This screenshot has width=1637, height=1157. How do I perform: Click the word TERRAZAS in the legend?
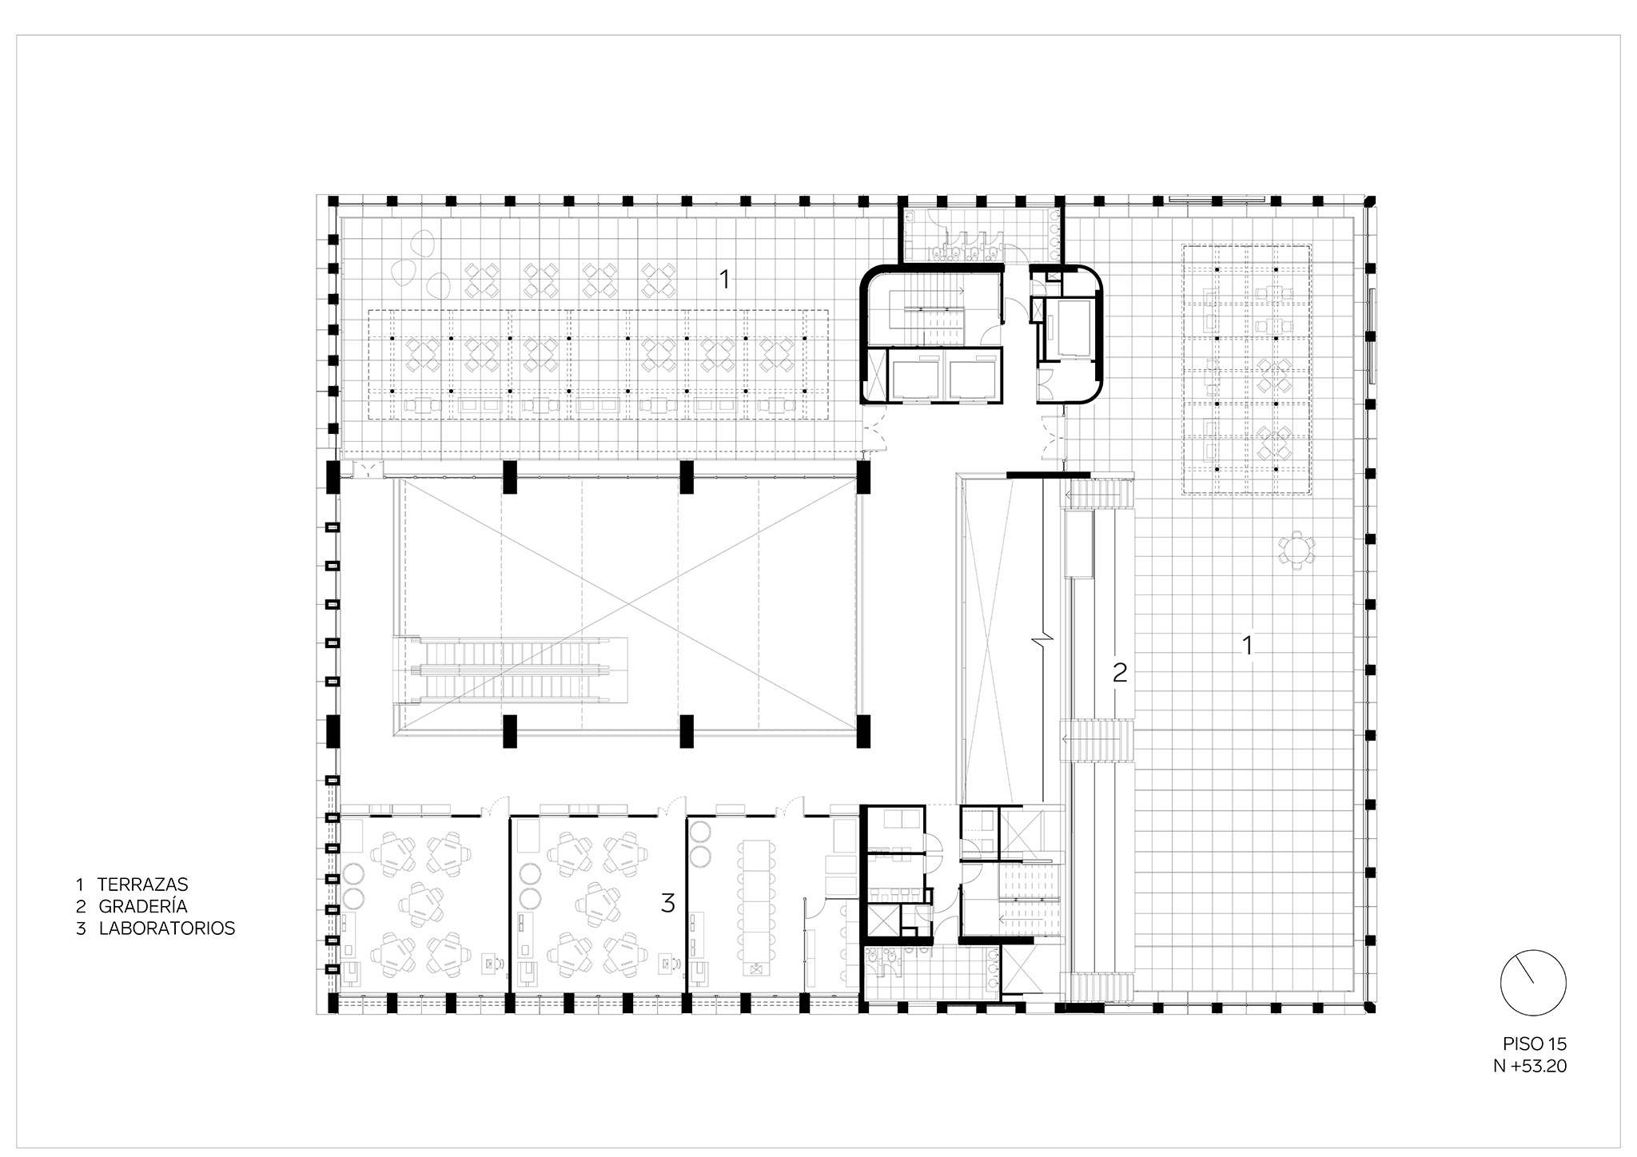(142, 885)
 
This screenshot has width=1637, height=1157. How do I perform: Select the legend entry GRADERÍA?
(143, 907)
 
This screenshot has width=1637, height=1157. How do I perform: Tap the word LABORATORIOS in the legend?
(167, 929)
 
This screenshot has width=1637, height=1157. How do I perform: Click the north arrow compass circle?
(1533, 984)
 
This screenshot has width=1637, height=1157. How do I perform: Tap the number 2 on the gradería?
(1120, 674)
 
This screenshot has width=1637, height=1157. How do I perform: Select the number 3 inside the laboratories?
(668, 904)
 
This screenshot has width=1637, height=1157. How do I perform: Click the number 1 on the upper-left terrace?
(724, 279)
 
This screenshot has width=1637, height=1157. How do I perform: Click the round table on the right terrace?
(1296, 551)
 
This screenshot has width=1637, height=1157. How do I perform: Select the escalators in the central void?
(510, 670)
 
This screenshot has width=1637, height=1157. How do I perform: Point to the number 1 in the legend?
(80, 885)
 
